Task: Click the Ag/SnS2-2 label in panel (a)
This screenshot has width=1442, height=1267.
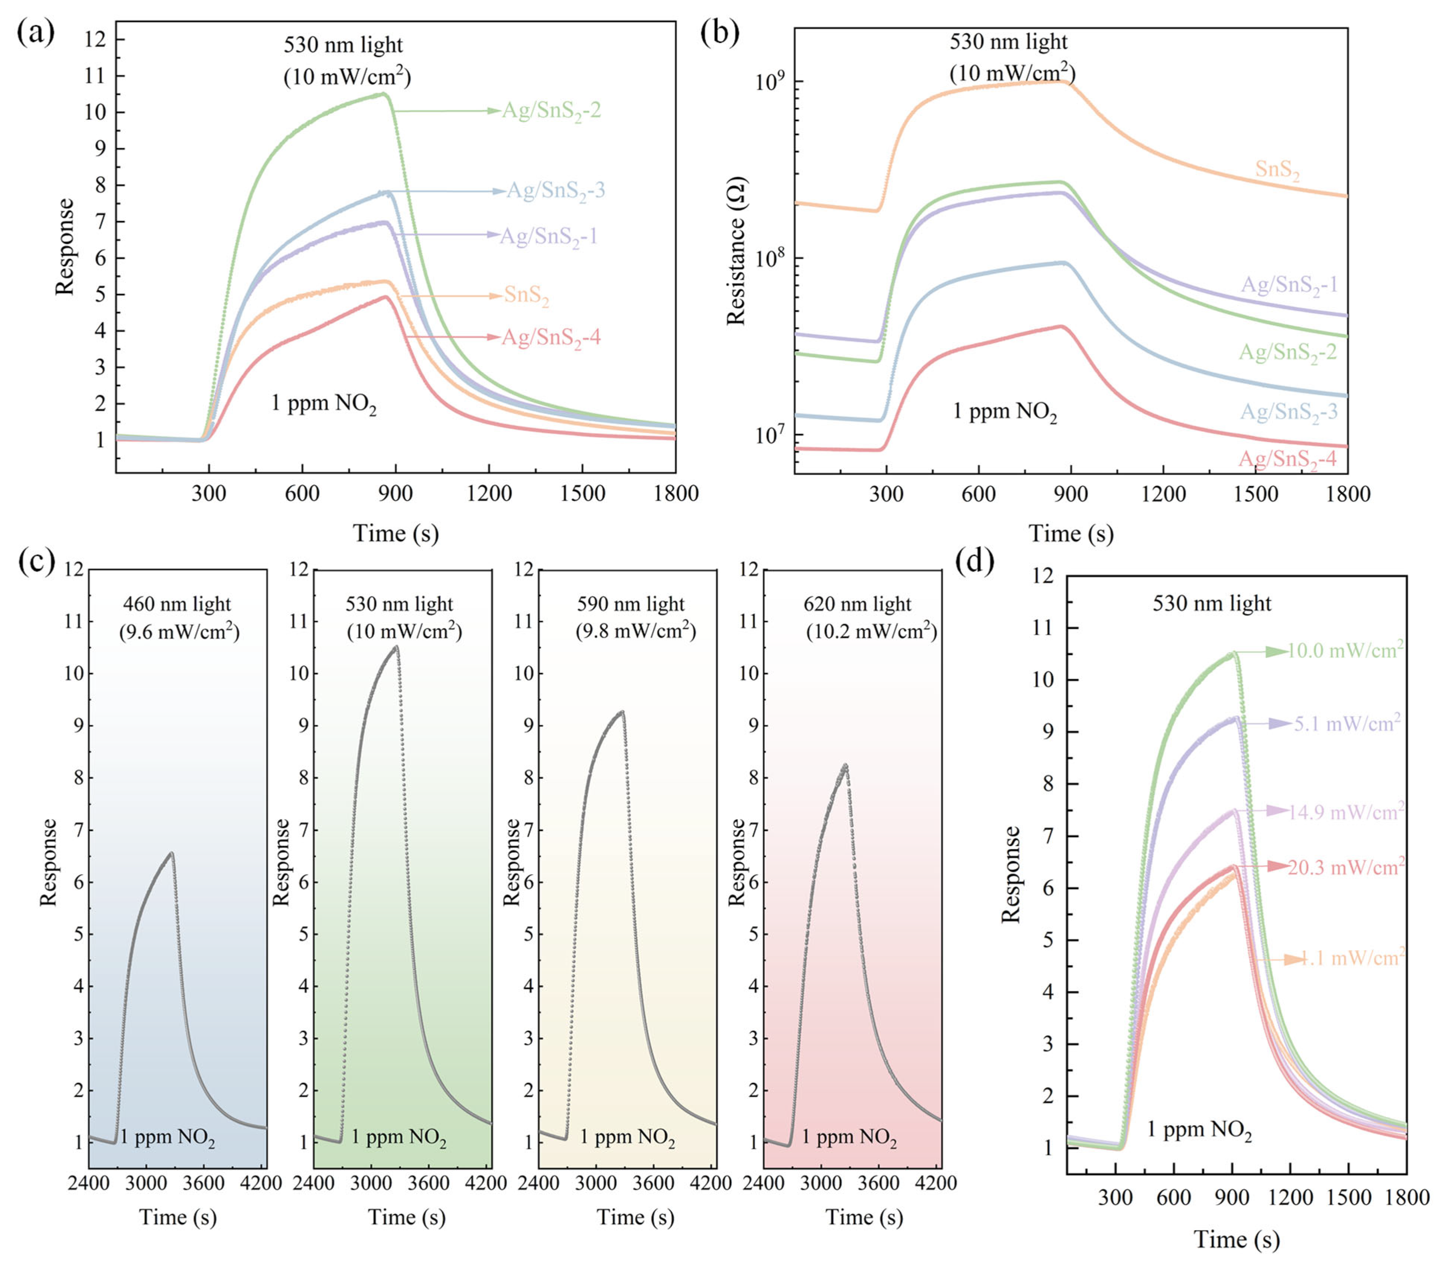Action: point(551,111)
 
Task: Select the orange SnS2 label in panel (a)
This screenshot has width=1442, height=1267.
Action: point(526,296)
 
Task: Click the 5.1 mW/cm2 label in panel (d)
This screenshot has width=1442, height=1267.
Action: point(1347,723)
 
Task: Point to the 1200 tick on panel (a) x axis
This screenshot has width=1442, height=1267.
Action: point(489,493)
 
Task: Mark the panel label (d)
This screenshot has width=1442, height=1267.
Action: point(974,561)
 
